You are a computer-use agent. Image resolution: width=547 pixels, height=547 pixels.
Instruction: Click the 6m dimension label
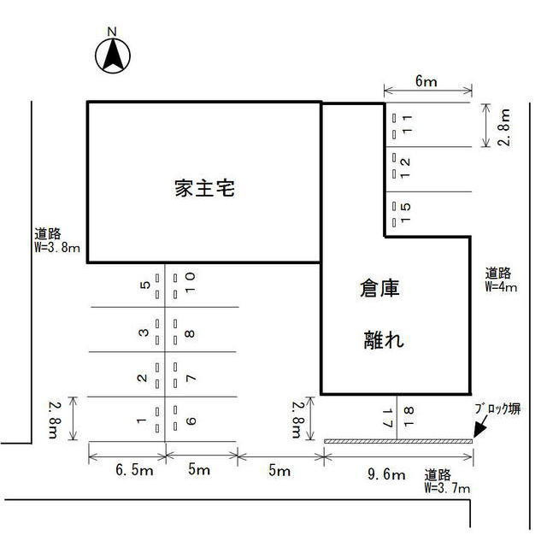tap(426, 82)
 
